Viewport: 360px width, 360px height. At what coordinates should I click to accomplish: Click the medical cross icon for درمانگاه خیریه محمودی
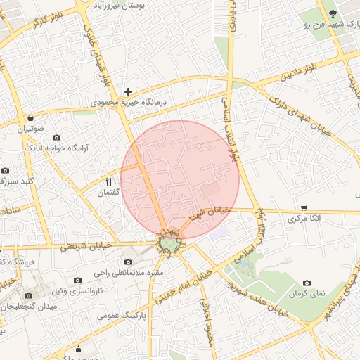[x=128, y=91]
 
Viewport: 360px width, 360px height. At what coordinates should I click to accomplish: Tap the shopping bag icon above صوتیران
[x=30, y=118]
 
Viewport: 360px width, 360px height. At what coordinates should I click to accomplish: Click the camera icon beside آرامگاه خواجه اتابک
[x=57, y=136]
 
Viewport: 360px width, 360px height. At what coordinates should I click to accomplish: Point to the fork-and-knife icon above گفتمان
[x=108, y=181]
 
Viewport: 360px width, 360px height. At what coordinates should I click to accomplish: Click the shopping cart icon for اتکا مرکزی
[x=304, y=207]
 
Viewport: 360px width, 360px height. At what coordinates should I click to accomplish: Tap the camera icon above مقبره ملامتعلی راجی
[x=128, y=262]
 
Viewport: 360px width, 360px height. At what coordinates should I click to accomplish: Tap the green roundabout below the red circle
[x=169, y=244]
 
